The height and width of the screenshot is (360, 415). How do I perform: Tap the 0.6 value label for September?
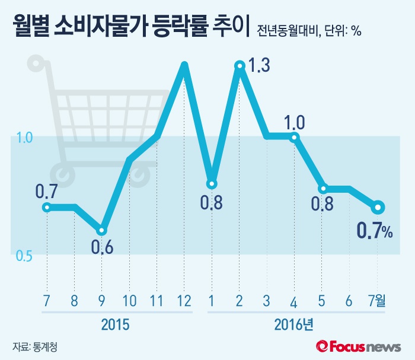[102, 245]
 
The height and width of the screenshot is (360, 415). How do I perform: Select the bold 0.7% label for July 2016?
[373, 231]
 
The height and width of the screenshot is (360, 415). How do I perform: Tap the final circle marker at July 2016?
[378, 208]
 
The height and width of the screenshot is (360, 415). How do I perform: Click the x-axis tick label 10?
[129, 301]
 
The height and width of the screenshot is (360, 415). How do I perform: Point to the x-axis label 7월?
[377, 301]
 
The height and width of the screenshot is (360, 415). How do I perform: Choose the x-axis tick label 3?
[267, 301]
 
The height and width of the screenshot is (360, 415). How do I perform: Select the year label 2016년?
[295, 325]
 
